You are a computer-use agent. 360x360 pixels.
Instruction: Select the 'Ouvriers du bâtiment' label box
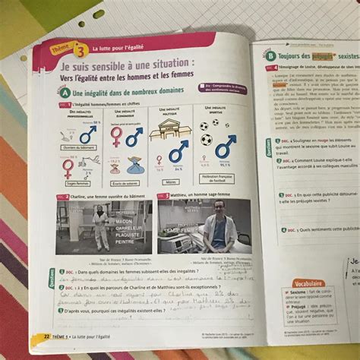coord(80,147)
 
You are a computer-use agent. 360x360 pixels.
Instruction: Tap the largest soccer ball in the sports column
coord(207,141)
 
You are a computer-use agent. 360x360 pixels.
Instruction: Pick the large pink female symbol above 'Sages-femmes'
coord(68,168)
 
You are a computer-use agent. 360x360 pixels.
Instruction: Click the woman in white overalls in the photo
coord(99,226)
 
